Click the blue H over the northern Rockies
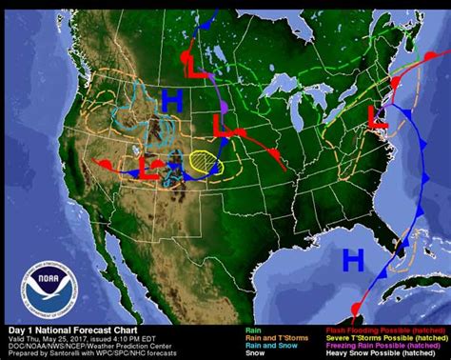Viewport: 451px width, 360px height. coord(171,99)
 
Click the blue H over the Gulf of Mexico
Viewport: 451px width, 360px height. coord(353,258)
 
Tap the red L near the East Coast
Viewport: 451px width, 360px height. coord(378,119)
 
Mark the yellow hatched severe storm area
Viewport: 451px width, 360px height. coord(203,160)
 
